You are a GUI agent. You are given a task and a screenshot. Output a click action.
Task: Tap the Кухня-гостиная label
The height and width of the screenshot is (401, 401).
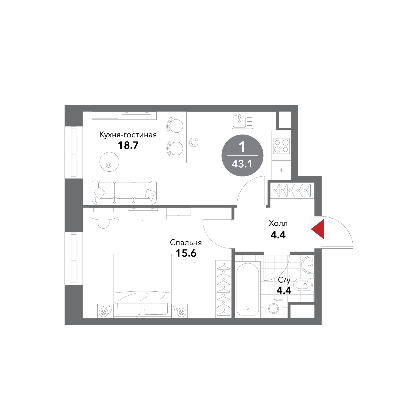click(x=128, y=135)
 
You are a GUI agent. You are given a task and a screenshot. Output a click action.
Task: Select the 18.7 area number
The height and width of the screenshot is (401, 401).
click(x=128, y=145)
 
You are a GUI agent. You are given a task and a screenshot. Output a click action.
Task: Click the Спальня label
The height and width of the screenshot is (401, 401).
click(x=186, y=242)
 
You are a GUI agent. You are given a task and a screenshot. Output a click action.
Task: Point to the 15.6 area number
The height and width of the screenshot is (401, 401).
click(x=186, y=253)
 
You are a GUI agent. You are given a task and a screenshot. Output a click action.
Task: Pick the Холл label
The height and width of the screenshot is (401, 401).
click(x=278, y=223)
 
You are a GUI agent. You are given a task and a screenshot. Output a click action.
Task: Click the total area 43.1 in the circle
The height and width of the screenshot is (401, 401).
click(x=242, y=164)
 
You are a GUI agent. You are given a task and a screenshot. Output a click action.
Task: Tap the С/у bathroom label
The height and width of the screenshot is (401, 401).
click(x=284, y=280)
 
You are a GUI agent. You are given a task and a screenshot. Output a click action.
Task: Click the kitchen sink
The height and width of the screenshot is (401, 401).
click(x=242, y=121)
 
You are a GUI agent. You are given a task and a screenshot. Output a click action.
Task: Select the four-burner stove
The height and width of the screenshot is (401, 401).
click(x=281, y=146)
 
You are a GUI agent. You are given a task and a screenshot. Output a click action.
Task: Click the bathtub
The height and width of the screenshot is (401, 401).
click(x=248, y=290)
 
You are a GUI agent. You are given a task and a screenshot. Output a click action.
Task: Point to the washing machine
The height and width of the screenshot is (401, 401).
click(x=273, y=309)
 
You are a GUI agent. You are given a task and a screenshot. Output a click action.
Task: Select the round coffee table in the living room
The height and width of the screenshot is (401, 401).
click(x=109, y=162)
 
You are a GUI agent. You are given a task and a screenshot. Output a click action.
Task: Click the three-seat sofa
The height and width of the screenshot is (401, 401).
click(x=124, y=192)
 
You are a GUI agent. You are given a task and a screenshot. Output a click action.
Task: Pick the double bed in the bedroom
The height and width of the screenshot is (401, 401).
click(x=142, y=286)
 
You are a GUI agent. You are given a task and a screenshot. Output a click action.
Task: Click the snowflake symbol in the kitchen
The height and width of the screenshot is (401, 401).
click(x=281, y=170)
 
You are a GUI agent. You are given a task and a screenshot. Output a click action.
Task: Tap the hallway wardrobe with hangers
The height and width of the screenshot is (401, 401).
click(x=292, y=191)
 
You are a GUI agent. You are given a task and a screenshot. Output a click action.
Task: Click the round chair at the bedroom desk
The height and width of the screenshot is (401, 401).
click(x=103, y=223)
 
